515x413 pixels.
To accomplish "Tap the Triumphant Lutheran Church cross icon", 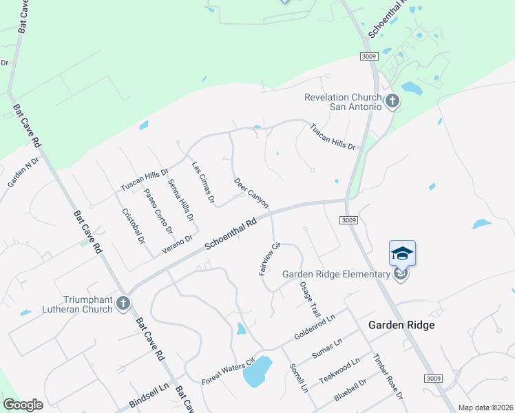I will [123, 303].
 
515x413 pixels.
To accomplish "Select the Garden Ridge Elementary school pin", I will [402, 254].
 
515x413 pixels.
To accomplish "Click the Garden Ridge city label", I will [401, 325].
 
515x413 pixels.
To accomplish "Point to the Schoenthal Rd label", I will [230, 235].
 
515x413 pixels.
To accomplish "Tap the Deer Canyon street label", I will [251, 193].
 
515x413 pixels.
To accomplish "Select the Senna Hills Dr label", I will [181, 200].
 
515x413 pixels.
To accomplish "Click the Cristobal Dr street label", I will [133, 226].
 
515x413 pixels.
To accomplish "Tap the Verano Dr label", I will [176, 244].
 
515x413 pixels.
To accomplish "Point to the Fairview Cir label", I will [269, 259].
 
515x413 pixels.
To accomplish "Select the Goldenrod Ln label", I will [314, 328].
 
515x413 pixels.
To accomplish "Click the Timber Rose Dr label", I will [387, 377].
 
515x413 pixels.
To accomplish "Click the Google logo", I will [23, 404].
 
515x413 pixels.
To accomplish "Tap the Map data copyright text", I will [485, 407].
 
